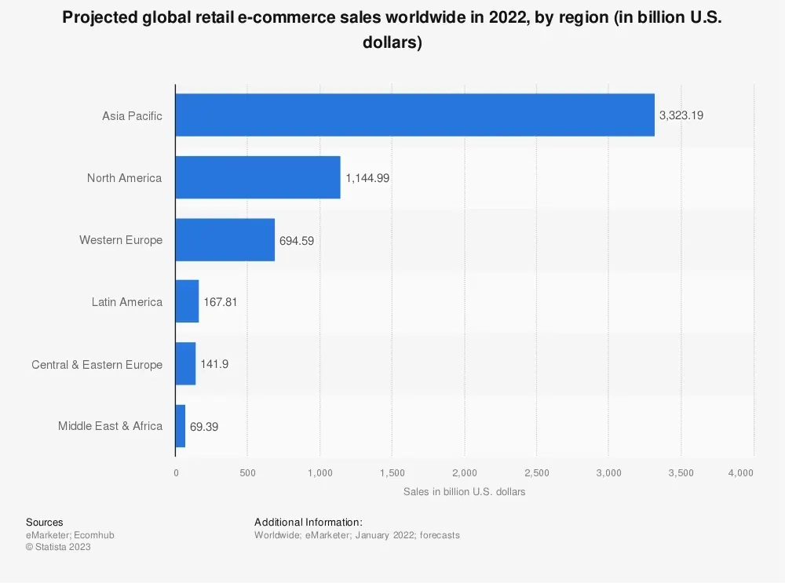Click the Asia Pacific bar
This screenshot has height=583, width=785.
tap(414, 115)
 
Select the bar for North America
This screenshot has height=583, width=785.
tap(257, 177)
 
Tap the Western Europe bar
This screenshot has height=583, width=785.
tap(225, 240)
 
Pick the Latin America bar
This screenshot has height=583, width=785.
tap(187, 301)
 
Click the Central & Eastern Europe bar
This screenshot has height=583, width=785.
tap(185, 364)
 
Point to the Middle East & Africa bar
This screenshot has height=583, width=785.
tap(181, 426)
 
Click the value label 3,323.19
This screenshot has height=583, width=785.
tap(681, 115)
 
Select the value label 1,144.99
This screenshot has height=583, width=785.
tap(367, 178)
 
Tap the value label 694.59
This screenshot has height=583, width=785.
tap(297, 241)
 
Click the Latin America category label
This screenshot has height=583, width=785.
tap(126, 302)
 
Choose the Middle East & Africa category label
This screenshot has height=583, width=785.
tap(110, 426)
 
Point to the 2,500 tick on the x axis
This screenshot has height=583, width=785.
tap(536, 472)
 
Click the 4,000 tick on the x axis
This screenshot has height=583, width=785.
tap(740, 472)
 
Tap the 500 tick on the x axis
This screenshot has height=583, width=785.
tap(247, 472)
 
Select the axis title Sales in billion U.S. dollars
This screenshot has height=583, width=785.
tap(464, 492)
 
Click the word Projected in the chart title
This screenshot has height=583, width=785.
tap(98, 19)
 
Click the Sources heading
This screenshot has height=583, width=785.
tap(45, 523)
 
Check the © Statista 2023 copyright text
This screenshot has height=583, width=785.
tap(58, 547)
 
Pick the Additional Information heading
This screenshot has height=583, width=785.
tap(309, 523)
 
